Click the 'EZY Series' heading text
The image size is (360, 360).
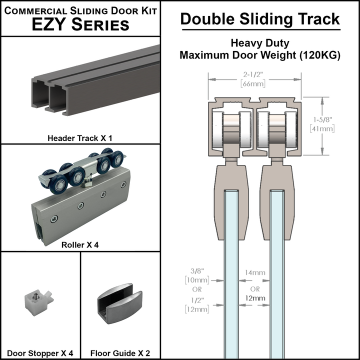tap(80, 24)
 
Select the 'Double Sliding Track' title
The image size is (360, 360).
tap(260, 19)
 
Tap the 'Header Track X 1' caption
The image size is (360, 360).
tap(80, 137)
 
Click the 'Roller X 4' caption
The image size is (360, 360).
tap(80, 245)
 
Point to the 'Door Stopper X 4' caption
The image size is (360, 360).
tap(40, 353)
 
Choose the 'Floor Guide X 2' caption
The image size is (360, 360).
tap(120, 353)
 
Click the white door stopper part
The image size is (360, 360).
tap(36, 301)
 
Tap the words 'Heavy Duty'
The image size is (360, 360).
tap(260, 44)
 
